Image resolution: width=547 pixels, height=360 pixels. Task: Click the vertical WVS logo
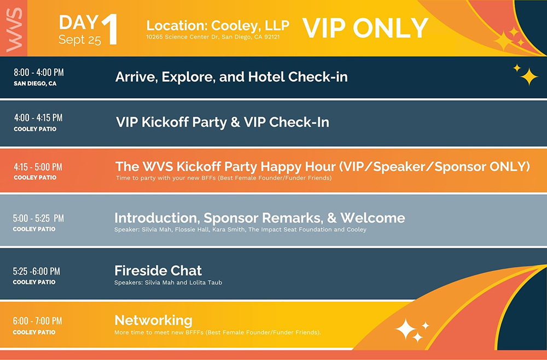point(14,30)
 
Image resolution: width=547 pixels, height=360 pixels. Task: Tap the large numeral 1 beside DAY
point(109,30)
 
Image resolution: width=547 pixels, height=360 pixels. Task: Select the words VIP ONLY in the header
point(365,28)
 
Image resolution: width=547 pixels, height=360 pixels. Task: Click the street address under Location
point(213,37)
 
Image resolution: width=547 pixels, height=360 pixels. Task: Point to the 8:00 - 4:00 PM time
point(39,73)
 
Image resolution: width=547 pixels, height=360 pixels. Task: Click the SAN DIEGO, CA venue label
point(35,84)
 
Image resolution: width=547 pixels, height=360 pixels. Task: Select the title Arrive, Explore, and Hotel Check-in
point(231,77)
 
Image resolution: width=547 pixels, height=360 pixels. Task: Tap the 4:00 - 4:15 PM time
point(38,118)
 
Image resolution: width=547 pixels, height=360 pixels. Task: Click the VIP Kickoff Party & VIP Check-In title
point(223,122)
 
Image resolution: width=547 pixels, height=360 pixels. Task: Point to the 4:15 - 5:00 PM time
point(38,167)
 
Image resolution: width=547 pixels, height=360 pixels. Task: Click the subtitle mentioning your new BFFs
point(224,178)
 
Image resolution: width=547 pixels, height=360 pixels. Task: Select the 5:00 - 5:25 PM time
point(38,219)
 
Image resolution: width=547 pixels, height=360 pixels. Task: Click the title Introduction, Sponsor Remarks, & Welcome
point(260,218)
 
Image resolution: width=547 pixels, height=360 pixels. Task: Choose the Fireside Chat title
point(158,271)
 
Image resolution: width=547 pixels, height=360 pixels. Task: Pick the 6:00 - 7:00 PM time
point(37,321)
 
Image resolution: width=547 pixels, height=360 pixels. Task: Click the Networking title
point(154,321)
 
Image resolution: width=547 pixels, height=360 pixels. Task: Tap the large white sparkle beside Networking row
point(405,329)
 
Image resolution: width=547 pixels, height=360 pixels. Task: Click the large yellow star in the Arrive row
point(529,77)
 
